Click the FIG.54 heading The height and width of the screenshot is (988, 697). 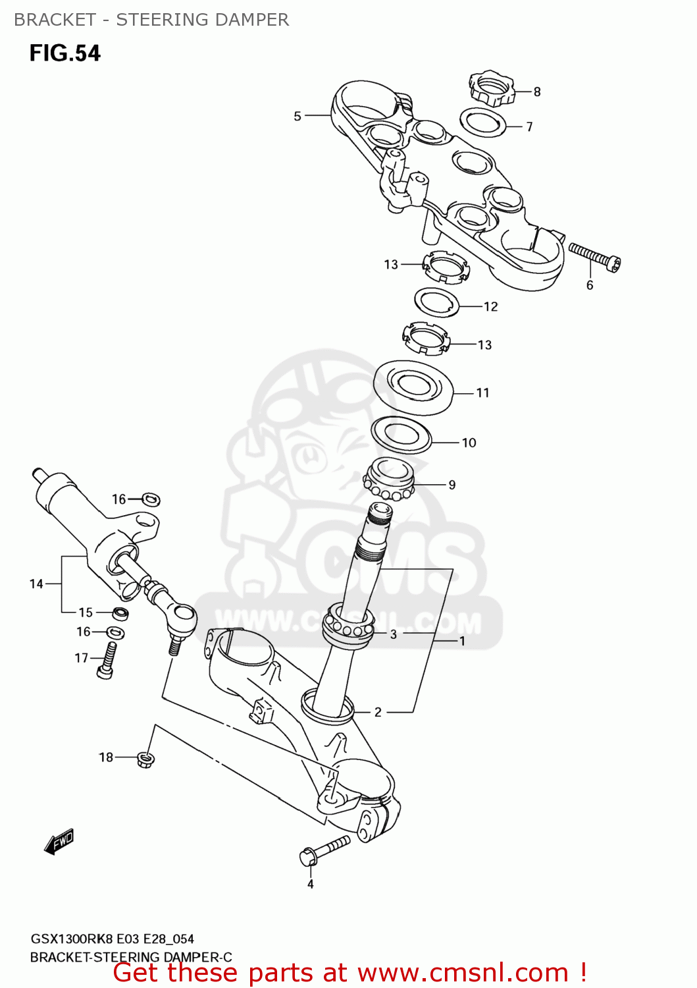tap(65, 53)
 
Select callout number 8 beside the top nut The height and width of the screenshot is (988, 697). tap(537, 92)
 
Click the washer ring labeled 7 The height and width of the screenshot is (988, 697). tap(482, 123)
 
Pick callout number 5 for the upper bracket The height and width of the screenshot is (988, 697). tap(297, 116)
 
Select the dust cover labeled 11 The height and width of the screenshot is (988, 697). tap(413, 387)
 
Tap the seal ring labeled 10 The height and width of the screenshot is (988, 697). tap(401, 435)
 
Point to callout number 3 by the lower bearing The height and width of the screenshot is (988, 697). tap(393, 634)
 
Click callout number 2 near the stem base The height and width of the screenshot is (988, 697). tap(378, 712)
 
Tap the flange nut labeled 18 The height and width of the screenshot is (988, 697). tap(146, 759)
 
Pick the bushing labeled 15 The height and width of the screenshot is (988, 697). tap(120, 613)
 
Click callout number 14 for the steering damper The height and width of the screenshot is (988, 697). tap(36, 584)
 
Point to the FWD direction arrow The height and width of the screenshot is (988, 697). tap(59, 842)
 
